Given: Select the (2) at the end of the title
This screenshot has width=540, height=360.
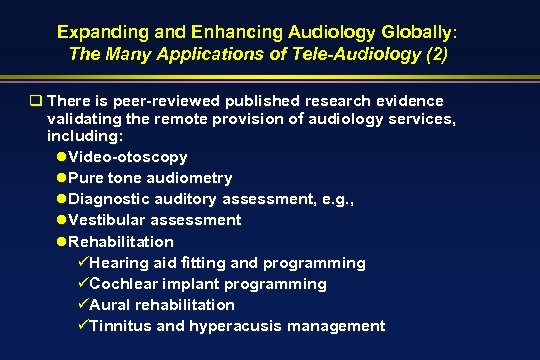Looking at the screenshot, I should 437,53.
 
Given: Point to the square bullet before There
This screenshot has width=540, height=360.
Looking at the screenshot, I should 34,100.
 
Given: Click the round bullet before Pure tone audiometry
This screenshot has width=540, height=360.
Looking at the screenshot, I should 63,178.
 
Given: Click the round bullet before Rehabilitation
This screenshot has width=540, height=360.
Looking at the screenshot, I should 63,241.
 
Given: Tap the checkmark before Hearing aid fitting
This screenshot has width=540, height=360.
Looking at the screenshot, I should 84,262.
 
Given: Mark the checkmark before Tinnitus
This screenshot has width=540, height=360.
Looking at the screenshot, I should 84,326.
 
